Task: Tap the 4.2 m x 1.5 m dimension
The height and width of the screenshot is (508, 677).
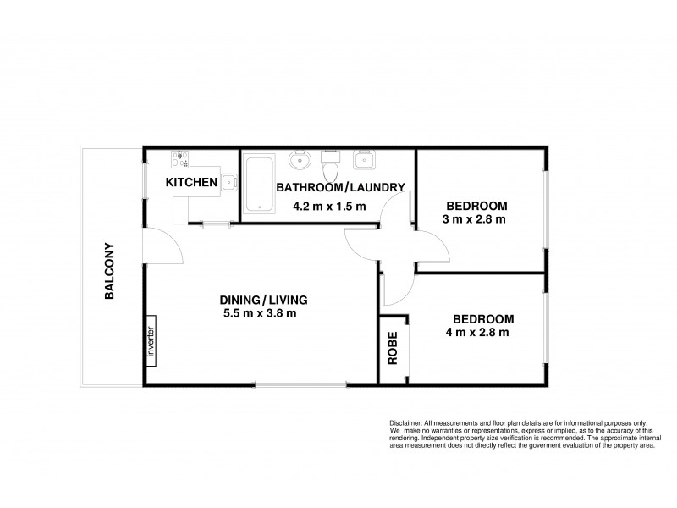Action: [x=328, y=206]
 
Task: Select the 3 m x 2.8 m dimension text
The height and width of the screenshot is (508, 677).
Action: [x=475, y=220]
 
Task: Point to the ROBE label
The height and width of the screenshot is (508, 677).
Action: [x=393, y=351]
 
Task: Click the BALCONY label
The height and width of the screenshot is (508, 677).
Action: [x=110, y=273]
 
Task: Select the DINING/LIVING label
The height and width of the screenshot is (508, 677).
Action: [x=262, y=300]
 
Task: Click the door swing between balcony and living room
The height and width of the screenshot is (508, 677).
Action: [x=162, y=246]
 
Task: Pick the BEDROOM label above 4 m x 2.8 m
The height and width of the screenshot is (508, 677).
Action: [x=483, y=319]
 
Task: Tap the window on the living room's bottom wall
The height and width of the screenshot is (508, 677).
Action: [x=300, y=386]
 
